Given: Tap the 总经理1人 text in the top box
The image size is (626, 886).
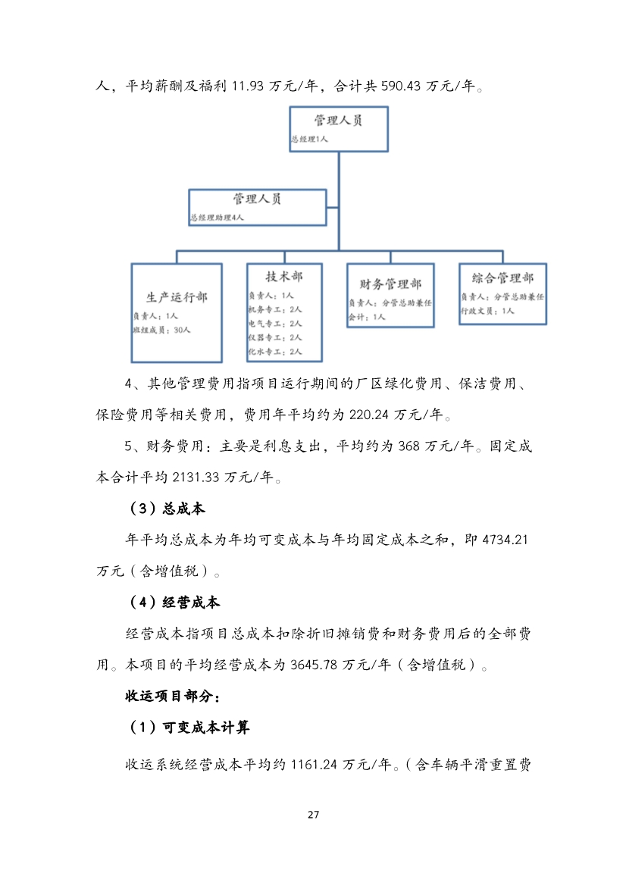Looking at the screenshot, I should (309, 139).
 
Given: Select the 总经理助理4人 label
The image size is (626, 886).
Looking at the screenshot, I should (218, 218).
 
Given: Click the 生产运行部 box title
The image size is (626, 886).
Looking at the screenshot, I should (177, 297).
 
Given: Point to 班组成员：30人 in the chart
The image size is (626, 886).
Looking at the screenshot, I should (162, 330).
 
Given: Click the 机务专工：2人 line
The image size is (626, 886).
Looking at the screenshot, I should (275, 309).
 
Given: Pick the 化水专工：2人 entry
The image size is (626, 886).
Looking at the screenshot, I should (275, 352).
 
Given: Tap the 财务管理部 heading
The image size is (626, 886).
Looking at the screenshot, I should (390, 284).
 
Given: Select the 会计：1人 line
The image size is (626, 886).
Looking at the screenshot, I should (367, 317).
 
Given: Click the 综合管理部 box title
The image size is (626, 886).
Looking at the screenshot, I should (502, 279).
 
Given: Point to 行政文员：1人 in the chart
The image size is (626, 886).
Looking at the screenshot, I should (488, 311).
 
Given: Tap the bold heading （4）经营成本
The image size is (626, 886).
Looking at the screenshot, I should (175, 603).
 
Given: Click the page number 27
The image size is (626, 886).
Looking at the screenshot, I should (313, 816).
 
